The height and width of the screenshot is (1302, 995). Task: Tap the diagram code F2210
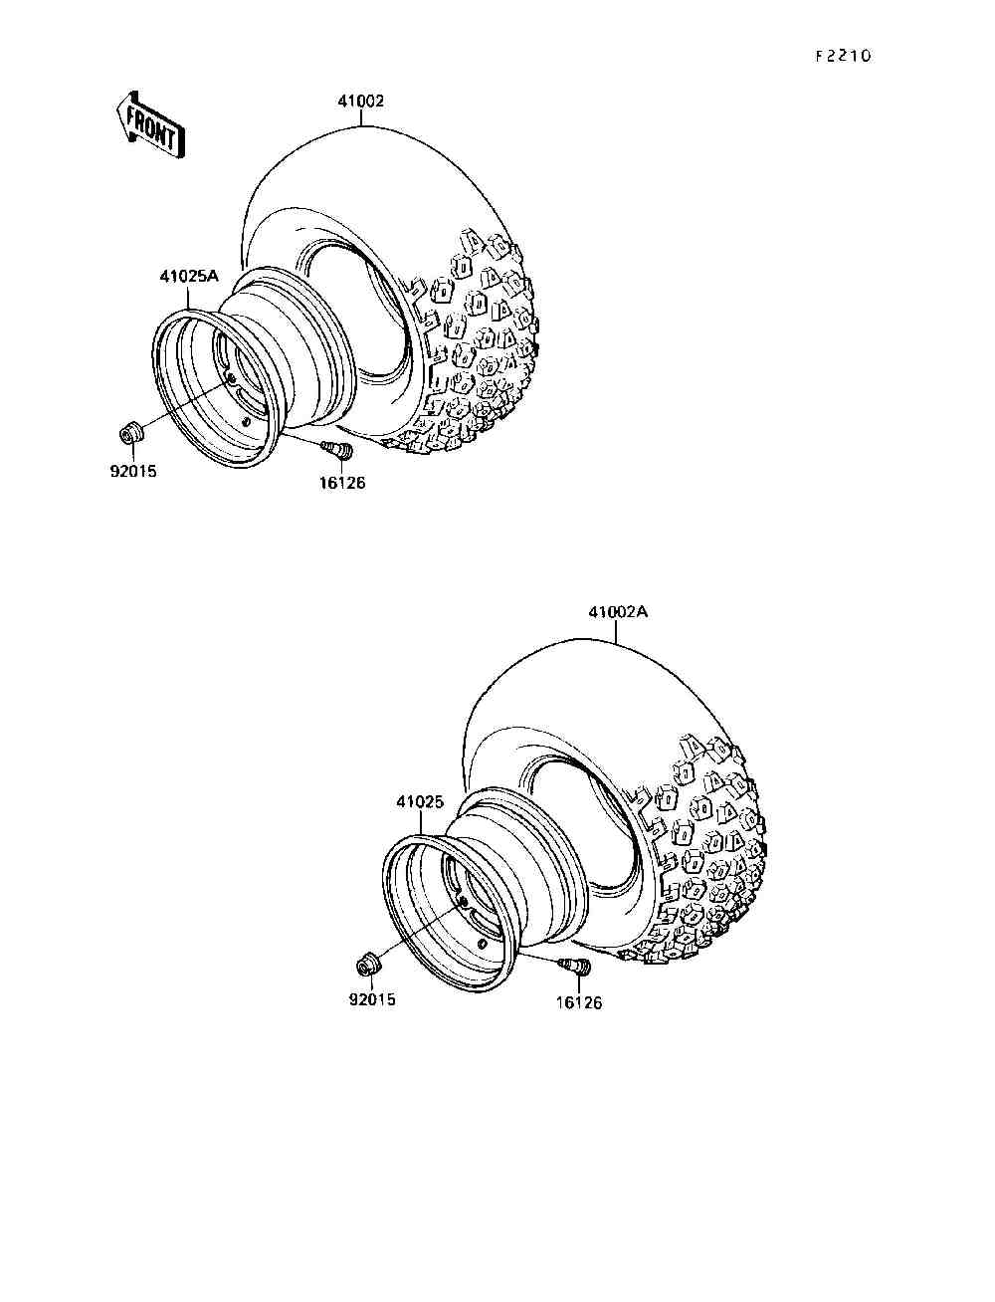tap(843, 57)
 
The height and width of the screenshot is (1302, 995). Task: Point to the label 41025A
tap(188, 277)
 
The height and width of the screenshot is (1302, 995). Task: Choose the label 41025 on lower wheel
tap(419, 801)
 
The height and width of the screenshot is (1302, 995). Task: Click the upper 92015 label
tap(132, 472)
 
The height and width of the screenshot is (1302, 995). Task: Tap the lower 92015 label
tap(371, 998)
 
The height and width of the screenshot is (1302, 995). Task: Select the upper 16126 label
tap(341, 483)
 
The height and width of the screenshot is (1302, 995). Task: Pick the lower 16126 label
tap(579, 1002)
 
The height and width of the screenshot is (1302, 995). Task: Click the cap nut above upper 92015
tap(130, 434)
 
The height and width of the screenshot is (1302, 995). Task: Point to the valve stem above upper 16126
tap(339, 452)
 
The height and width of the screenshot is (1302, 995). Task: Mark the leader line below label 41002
tap(361, 116)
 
